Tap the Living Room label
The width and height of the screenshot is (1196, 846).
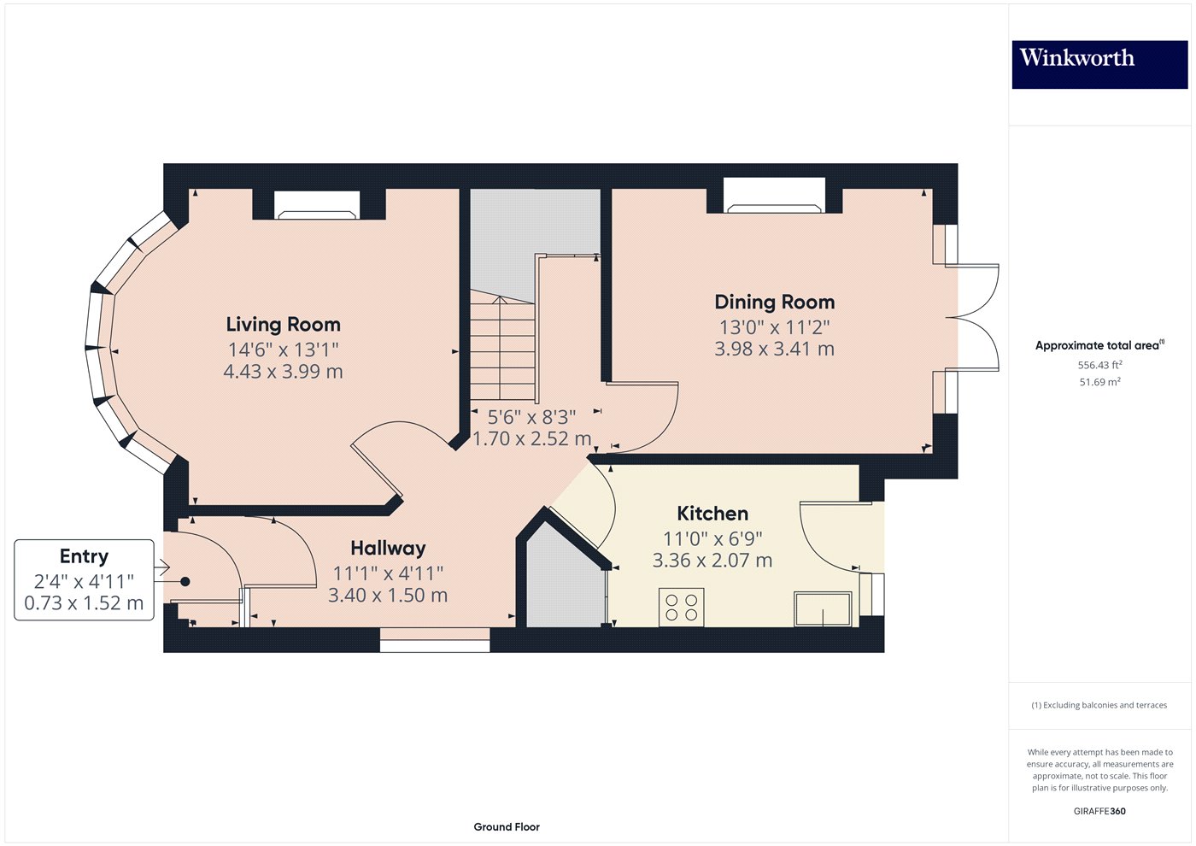(283, 325)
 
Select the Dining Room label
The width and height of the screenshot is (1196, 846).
(774, 303)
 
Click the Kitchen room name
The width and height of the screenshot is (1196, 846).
(712, 514)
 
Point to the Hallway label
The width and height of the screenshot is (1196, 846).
(388, 549)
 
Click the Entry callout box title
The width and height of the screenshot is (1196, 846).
(84, 556)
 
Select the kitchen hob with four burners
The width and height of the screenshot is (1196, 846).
(681, 607)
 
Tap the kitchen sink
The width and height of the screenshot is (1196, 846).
(823, 609)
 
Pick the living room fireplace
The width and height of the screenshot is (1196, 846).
(316, 205)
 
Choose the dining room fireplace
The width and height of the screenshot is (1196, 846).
(774, 196)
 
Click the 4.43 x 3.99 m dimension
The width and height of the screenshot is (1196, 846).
(283, 372)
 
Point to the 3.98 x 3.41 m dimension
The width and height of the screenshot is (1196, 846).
(774, 349)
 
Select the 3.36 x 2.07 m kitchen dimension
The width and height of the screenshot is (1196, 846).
(712, 561)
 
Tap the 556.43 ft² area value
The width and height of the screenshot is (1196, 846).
(1099, 365)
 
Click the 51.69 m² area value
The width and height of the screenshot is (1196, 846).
(1099, 382)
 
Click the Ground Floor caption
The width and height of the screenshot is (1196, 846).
(507, 826)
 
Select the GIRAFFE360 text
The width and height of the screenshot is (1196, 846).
(1099, 811)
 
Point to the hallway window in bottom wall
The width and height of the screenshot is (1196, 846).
(435, 640)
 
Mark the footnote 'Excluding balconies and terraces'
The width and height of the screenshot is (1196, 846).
(1099, 705)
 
